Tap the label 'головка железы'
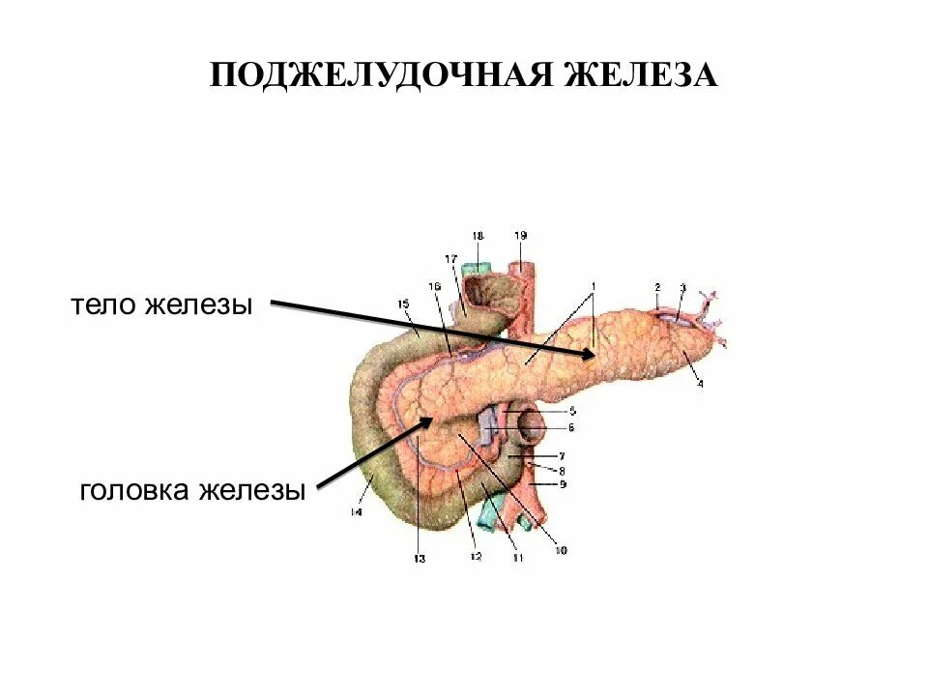tap(192, 490)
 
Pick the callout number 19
tap(521, 236)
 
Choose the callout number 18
tap(478, 236)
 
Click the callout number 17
tap(449, 259)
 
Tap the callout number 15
tap(403, 304)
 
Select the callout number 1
tap(594, 285)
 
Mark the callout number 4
tap(700, 384)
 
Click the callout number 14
tap(355, 512)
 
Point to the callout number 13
tap(419, 558)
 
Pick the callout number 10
tap(560, 551)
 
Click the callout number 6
tap(570, 426)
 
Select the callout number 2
tap(656, 287)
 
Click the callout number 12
tap(475, 558)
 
